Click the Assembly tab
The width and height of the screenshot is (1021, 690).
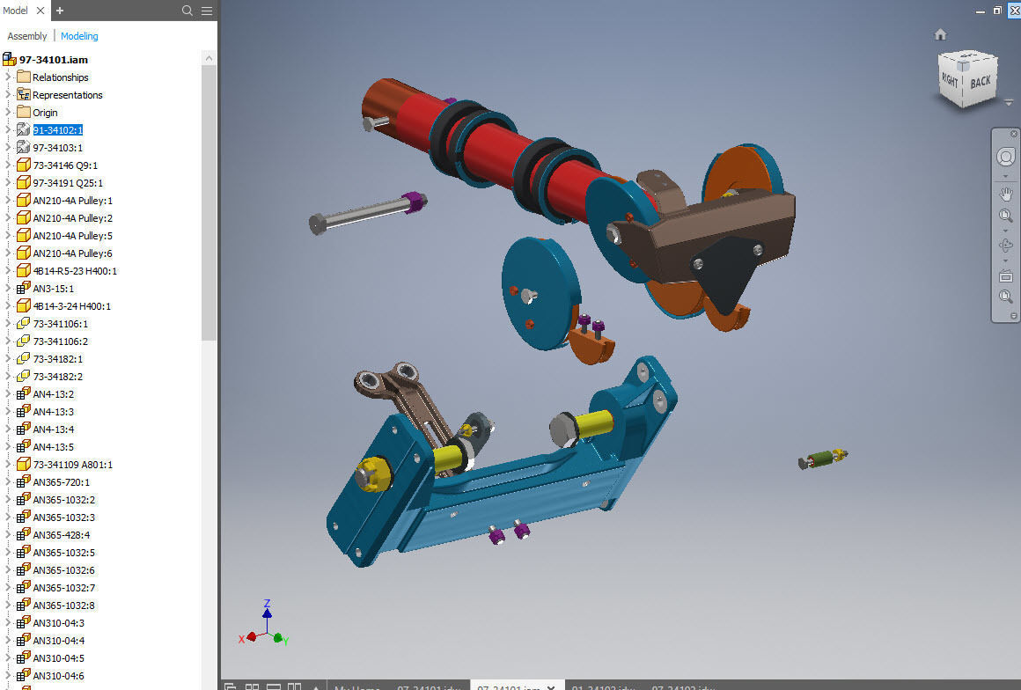(x=27, y=36)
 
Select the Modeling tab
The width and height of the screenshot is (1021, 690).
(x=79, y=36)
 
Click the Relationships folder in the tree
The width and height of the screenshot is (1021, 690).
(x=60, y=77)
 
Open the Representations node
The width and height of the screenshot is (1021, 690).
(x=67, y=95)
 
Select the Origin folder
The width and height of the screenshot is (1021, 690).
(x=45, y=113)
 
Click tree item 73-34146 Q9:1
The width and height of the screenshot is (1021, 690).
(x=65, y=165)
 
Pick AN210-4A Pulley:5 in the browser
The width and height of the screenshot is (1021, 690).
(x=72, y=236)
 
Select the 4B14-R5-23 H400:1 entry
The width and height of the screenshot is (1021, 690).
(x=75, y=271)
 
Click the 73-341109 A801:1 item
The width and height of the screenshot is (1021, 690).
(x=72, y=465)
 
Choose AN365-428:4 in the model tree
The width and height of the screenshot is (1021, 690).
(x=61, y=535)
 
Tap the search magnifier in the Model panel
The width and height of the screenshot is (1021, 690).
(x=187, y=11)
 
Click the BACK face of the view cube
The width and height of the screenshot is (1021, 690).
(x=980, y=82)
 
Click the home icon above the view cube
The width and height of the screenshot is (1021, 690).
(x=940, y=34)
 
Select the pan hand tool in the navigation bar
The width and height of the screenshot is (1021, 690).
(x=1005, y=193)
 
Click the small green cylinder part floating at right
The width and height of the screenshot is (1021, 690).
(x=820, y=459)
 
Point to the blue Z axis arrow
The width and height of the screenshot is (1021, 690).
(x=267, y=610)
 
